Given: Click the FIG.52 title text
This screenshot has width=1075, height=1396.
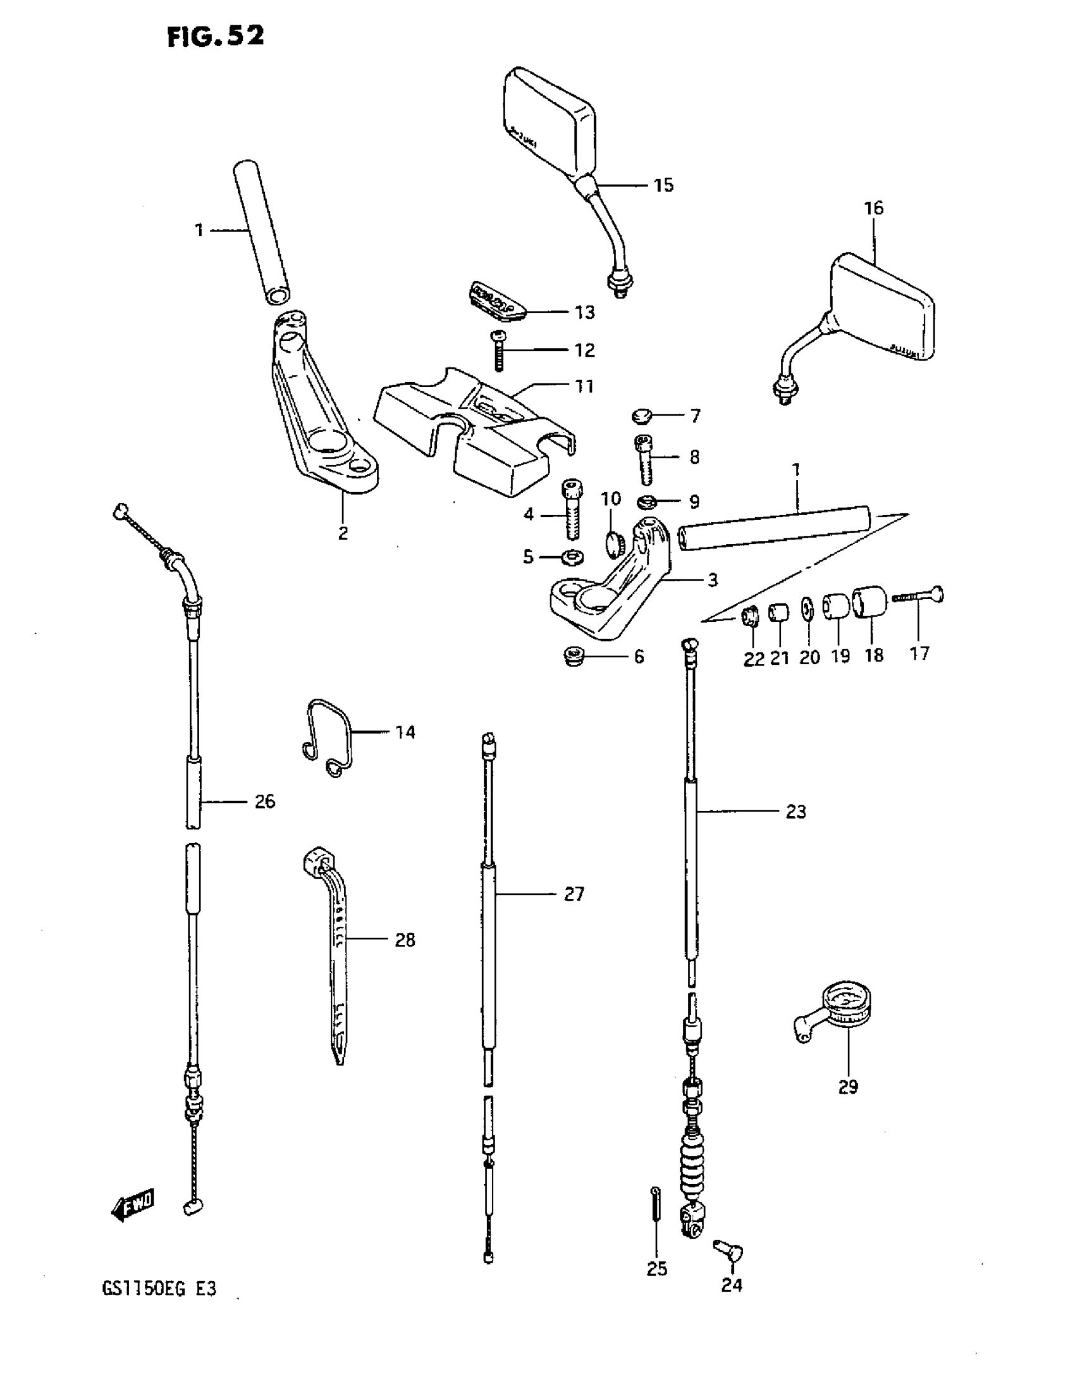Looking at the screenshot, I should pos(216,37).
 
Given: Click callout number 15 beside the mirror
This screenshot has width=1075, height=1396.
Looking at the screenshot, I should pos(663,185).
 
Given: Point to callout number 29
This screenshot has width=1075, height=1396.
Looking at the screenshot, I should pos(847,1087).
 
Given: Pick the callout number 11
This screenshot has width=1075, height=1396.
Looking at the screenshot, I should pos(584,386).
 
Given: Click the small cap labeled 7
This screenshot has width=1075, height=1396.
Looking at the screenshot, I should pos(641,417).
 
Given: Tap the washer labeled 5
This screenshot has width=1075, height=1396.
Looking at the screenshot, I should pos(571,558).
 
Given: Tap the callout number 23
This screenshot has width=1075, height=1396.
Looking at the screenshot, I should pos(795,812).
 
